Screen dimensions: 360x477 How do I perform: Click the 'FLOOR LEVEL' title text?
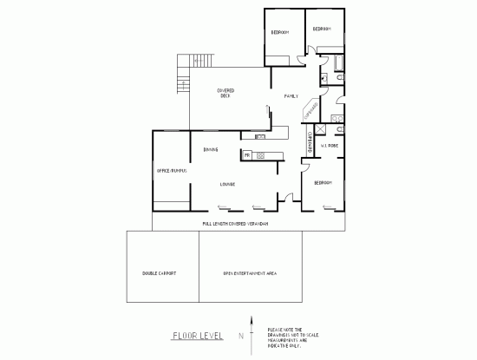pyautogui.click(x=199, y=335)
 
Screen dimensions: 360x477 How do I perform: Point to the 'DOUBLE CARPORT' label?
pyautogui.click(x=160, y=272)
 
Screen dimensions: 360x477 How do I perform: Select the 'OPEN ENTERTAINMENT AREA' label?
pyautogui.click(x=249, y=272)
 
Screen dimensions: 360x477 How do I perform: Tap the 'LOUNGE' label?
pyautogui.click(x=228, y=184)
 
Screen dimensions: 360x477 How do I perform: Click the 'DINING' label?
pyautogui.click(x=211, y=150)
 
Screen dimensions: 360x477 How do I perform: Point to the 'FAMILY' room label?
pyautogui.click(x=291, y=96)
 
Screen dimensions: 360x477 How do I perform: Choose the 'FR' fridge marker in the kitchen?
pyautogui.click(x=247, y=155)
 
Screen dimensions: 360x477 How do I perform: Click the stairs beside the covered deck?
pyautogui.click(x=182, y=75)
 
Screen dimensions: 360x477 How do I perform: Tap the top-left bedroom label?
pyautogui.click(x=279, y=33)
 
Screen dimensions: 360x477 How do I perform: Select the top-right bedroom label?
pyautogui.click(x=322, y=29)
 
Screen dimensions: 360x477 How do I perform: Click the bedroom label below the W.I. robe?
pyautogui.click(x=323, y=182)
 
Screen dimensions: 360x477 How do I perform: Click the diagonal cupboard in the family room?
pyautogui.click(x=309, y=111)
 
